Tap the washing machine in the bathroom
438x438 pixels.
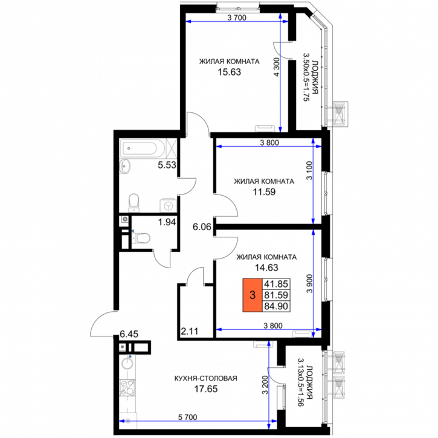pyautogui.click(x=168, y=205)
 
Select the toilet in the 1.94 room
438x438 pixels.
pyautogui.click(x=141, y=238)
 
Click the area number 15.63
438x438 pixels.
pyautogui.click(x=230, y=72)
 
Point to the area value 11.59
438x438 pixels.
pyautogui.click(x=264, y=192)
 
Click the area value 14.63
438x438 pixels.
pyautogui.click(x=267, y=268)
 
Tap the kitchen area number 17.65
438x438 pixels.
pyautogui.click(x=206, y=389)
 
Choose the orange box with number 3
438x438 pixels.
pyautogui.click(x=253, y=295)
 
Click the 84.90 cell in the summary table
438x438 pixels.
pyautogui.click(x=276, y=306)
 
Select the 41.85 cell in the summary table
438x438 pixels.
pyautogui.click(x=276, y=284)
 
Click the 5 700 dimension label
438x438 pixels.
pyautogui.click(x=188, y=417)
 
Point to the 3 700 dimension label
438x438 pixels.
pyautogui.click(x=237, y=18)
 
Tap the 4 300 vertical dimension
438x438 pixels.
pyautogui.click(x=277, y=67)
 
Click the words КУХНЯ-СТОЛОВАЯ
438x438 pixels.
pyautogui.click(x=206, y=378)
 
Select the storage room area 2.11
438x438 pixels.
pyautogui.click(x=190, y=331)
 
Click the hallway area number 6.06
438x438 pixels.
pyautogui.click(x=202, y=227)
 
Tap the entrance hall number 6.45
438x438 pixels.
pyautogui.click(x=129, y=334)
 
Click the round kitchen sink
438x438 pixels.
pyautogui.click(x=127, y=364)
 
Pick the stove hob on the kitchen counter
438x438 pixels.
pyautogui.click(x=127, y=388)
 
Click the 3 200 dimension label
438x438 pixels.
pyautogui.click(x=265, y=384)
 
